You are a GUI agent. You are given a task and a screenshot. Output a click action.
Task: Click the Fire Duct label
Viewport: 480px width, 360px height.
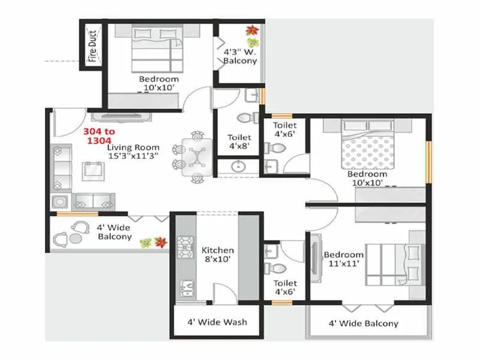coord(92,46)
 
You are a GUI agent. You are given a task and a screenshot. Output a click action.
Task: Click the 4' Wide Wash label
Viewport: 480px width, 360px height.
coord(217,322)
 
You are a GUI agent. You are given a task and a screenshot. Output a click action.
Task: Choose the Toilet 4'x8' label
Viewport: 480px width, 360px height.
coord(238,141)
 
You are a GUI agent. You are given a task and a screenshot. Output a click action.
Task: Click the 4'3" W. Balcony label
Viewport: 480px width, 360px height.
coord(240,56)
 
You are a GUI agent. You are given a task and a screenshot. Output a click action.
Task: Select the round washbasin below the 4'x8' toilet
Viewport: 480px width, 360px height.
coord(238,166)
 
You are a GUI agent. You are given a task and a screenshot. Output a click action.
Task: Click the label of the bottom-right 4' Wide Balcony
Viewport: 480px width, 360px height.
coord(363,323)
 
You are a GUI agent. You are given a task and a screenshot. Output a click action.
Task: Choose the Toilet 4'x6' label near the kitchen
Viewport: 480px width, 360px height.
coord(285,287)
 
